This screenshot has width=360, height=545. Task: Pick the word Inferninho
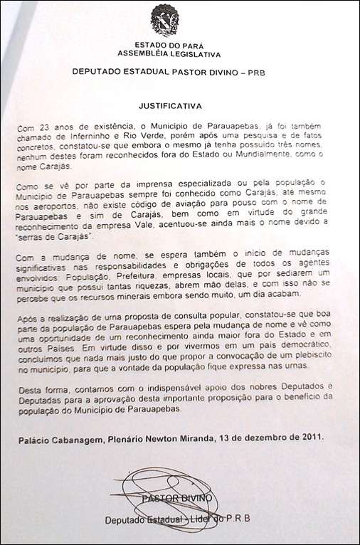(x=78, y=136)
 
